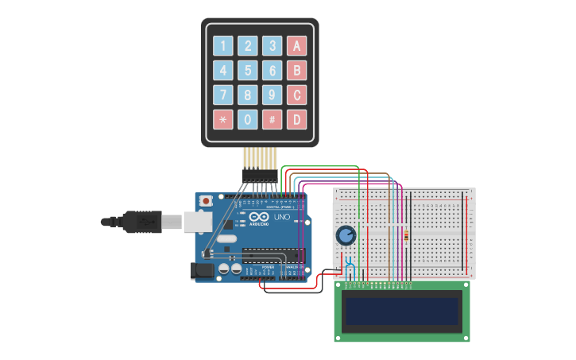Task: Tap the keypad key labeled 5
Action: point(248,71)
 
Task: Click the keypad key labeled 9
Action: point(273,95)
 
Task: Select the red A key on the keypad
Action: point(296,46)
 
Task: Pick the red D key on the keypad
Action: point(296,120)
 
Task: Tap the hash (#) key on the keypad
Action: point(273,120)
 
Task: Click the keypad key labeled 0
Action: point(248,120)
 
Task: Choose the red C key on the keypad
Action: point(296,95)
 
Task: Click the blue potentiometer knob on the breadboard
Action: point(346,235)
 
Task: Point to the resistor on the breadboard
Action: point(408,235)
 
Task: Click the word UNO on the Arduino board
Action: point(282,217)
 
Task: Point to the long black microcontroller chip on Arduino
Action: point(272,255)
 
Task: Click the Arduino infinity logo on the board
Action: point(259,217)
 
